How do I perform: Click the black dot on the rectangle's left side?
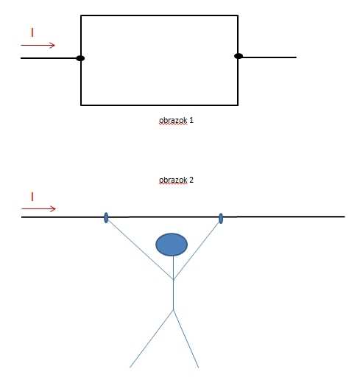(80, 58)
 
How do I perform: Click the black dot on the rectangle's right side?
(239, 56)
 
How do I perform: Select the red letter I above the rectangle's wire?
(32, 32)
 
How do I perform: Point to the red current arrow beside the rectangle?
(38, 45)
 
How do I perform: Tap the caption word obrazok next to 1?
(173, 120)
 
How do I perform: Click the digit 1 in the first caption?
(191, 120)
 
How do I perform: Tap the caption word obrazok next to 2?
(173, 180)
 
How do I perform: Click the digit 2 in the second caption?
(191, 180)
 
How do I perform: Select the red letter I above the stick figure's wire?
(32, 197)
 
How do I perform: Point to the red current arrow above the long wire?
(38, 208)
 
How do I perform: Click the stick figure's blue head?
(172, 245)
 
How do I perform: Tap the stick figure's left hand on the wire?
(106, 218)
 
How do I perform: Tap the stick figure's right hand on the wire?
(221, 219)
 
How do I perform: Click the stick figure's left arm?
(141, 250)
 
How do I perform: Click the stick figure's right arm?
(197, 251)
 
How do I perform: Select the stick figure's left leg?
(152, 339)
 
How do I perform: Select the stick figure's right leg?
(186, 339)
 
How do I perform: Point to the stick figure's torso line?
(174, 283)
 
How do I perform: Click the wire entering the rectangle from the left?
(49, 58)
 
